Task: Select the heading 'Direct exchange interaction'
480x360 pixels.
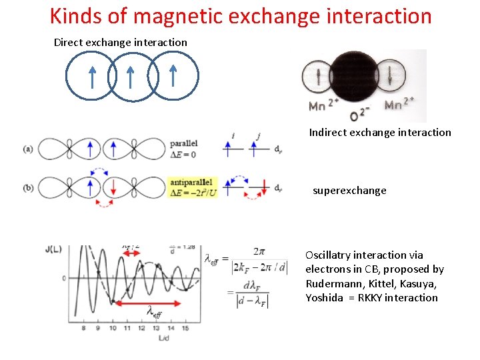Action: click(120, 42)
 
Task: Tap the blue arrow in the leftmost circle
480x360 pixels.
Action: click(92, 77)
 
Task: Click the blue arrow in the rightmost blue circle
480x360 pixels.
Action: click(173, 75)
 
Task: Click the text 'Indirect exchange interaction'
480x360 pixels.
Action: click(380, 132)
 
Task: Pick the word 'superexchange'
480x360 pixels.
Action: click(349, 190)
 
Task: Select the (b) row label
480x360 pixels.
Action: click(27, 187)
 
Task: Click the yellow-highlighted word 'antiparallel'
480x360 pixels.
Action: click(192, 181)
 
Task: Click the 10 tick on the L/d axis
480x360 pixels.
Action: click(113, 329)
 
